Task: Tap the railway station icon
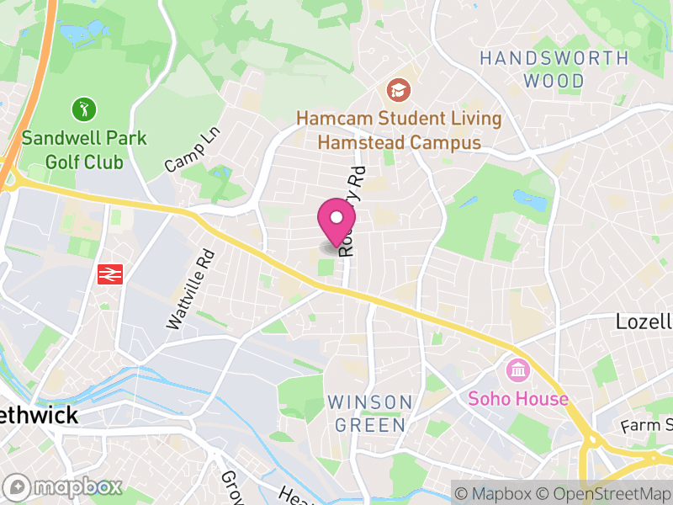[x=109, y=274]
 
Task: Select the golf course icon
[x=84, y=109]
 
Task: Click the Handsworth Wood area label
[x=554, y=70]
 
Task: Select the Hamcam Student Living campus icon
[x=397, y=89]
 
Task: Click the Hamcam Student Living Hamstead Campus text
[x=399, y=130]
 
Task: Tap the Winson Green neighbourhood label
[x=370, y=413]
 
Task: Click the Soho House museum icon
[x=517, y=369]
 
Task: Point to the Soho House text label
[x=518, y=398]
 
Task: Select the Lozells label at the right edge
[x=644, y=322]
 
